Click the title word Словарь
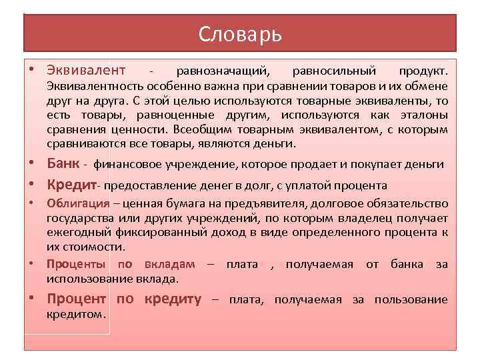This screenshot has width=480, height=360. click(240, 34)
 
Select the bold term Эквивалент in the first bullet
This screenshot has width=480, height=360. click(86, 70)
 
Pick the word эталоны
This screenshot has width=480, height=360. click(424, 115)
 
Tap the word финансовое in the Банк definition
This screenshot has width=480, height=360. click(125, 164)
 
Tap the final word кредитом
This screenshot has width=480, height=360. click(76, 313)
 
